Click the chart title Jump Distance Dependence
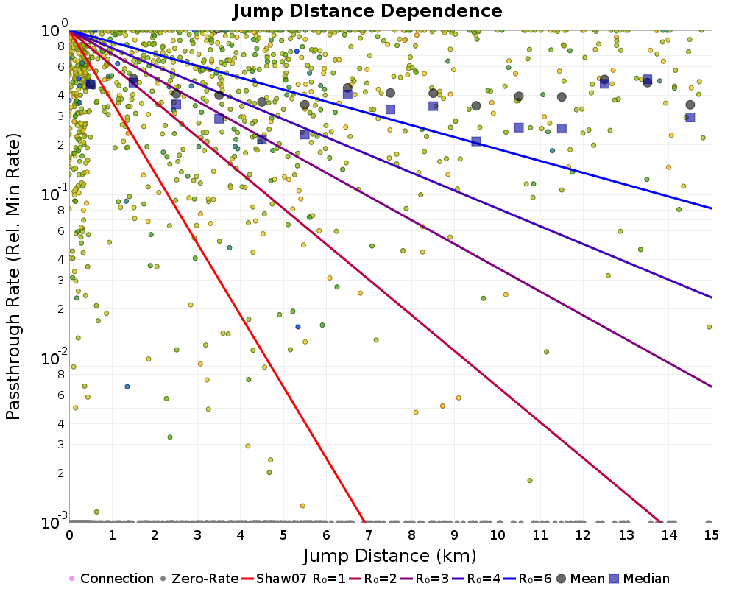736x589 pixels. click(x=367, y=11)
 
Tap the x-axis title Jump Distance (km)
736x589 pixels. click(x=390, y=556)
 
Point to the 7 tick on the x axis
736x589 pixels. click(x=369, y=535)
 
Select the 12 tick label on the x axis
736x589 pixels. click(x=583, y=535)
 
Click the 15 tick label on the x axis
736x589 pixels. click(x=712, y=535)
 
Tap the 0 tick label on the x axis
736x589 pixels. click(x=69, y=535)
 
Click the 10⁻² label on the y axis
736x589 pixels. click(x=54, y=357)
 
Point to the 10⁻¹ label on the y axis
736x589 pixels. click(x=54, y=193)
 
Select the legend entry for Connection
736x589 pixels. click(x=111, y=579)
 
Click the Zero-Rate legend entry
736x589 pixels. click(x=199, y=579)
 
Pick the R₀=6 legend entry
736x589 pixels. click(x=528, y=579)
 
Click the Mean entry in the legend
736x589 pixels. click(x=580, y=579)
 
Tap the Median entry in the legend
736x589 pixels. click(x=640, y=579)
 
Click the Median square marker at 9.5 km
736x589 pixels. click(x=476, y=141)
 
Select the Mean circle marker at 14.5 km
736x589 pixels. click(x=690, y=105)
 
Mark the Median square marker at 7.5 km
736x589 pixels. click(x=390, y=110)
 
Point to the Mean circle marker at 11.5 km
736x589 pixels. click(x=562, y=96)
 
